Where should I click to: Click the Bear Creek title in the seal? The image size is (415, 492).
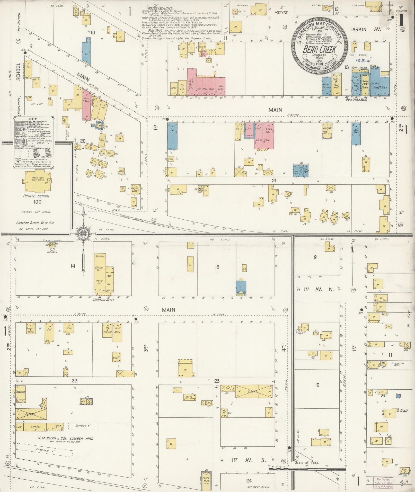coord(319,49)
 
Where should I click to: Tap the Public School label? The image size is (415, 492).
coord(38,196)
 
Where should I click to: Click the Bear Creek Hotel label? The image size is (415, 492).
coord(356,99)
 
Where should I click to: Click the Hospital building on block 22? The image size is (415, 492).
coord(21,393)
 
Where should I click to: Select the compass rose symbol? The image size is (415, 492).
coord(84,234)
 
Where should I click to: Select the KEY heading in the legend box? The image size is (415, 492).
coord(33,119)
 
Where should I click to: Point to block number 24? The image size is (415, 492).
coord(249,480)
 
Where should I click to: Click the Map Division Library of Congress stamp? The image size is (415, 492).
coord(383,482)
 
